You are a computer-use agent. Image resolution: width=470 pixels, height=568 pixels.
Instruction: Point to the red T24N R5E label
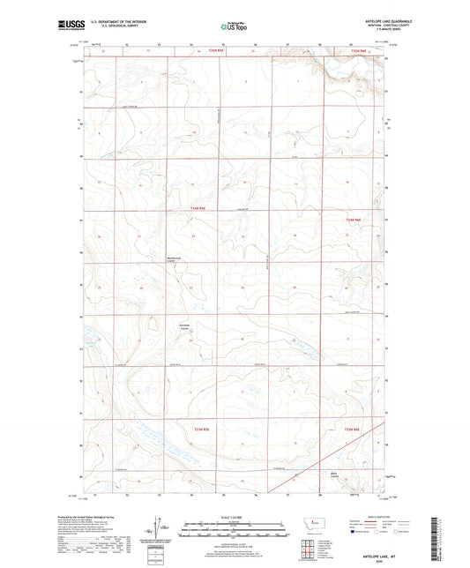coord(200,208)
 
